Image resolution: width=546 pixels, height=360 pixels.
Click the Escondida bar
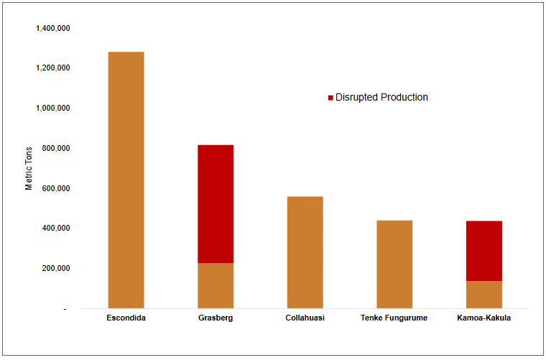tap(126, 180)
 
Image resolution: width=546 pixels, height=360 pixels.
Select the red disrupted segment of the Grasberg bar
tap(216, 204)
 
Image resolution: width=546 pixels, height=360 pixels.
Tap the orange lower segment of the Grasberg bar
tap(216, 285)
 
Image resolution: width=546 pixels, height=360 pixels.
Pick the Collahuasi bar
tap(305, 252)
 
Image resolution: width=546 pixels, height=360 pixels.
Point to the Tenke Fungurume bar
tap(394, 264)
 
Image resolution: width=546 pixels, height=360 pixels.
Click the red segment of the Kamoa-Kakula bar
tap(483, 251)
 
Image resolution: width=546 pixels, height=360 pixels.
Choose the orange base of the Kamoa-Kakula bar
tap(483, 295)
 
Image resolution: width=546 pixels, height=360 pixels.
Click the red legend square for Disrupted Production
tap(330, 98)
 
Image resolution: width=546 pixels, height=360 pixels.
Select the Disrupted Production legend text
tap(381, 98)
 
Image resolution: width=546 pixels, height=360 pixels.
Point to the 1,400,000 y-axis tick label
tap(52, 28)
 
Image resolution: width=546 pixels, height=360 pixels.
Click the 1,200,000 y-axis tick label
tap(52, 68)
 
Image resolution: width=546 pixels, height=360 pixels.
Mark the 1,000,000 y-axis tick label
tap(52, 109)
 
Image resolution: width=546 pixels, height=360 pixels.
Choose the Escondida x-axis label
tap(126, 318)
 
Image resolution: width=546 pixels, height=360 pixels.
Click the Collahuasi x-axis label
tap(305, 318)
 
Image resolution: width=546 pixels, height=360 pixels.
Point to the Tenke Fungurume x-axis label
tap(394, 318)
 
